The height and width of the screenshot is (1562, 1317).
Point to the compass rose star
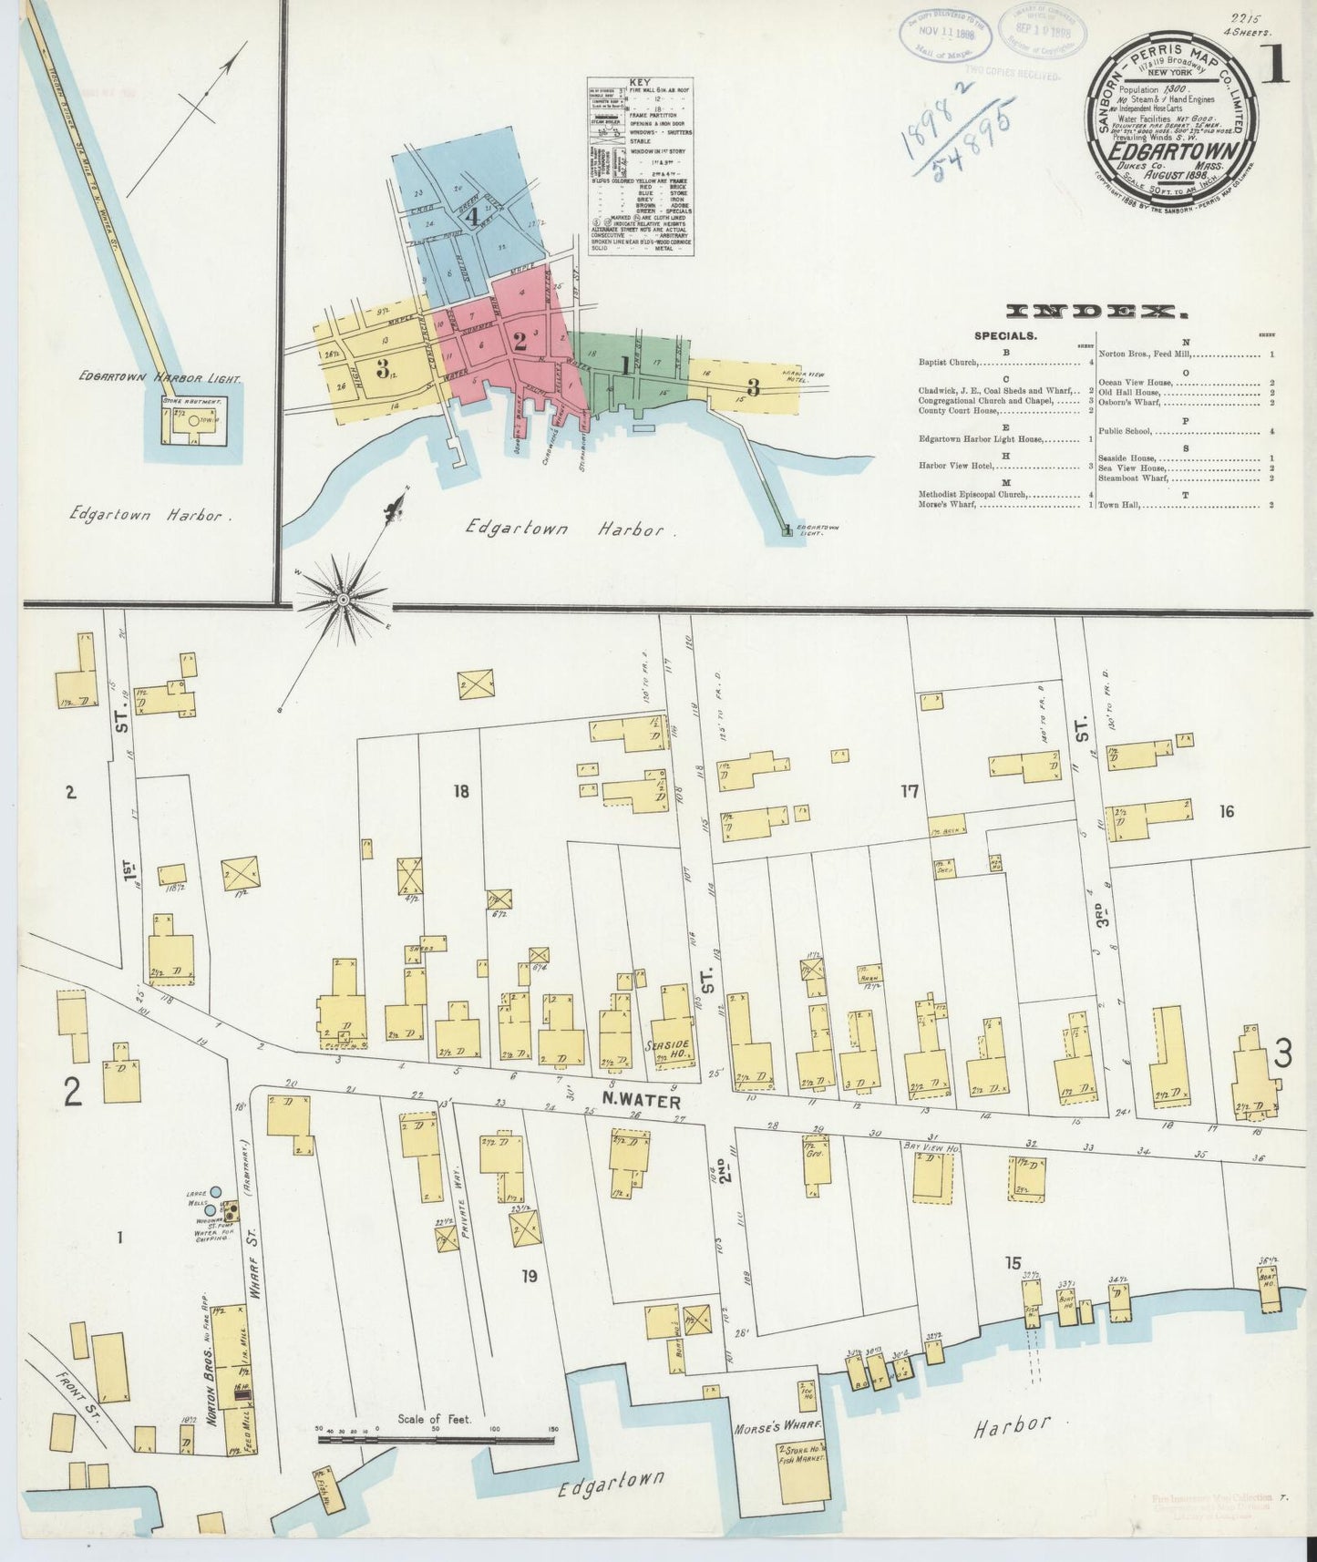[343, 599]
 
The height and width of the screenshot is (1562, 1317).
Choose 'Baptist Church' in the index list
[949, 363]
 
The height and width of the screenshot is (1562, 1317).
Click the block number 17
[909, 791]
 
